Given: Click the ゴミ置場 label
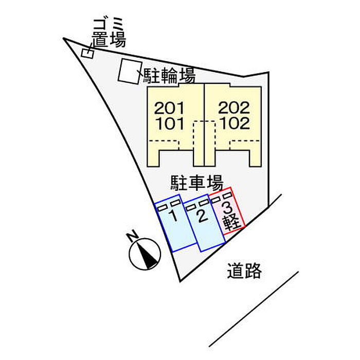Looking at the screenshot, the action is click(109, 33).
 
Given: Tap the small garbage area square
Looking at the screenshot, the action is click(87, 53).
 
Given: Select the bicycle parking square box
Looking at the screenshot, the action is click(129, 71).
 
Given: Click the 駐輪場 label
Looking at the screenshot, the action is click(169, 76).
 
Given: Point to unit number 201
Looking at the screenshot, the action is click(169, 108).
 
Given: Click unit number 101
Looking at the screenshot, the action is click(170, 123).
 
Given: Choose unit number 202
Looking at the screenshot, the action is click(234, 107).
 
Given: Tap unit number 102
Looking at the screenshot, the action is click(235, 123).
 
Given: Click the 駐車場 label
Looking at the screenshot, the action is click(197, 183).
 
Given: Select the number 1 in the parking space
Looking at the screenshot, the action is click(174, 216).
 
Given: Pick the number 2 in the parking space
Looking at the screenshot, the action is click(203, 216).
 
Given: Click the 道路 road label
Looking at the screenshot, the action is click(244, 271).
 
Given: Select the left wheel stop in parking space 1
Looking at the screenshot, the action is click(163, 208).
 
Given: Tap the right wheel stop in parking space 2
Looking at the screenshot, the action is click(204, 203).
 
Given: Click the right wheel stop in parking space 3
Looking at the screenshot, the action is click(227, 195).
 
